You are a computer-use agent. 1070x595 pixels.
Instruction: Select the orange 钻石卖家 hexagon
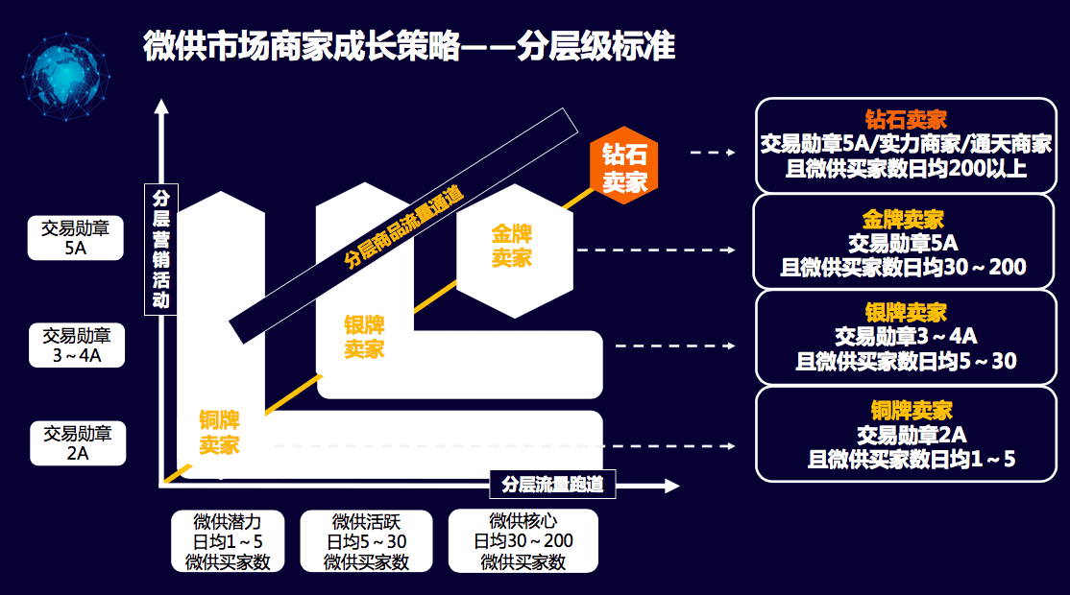[624, 169]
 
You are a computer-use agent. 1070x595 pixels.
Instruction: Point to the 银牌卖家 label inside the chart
[364, 337]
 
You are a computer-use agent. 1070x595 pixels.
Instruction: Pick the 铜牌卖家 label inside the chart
[219, 432]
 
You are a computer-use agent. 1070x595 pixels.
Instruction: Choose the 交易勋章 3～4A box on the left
[77, 345]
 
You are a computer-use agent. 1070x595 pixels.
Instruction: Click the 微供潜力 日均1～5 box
[228, 541]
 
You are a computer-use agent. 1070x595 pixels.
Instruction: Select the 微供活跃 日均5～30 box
[367, 541]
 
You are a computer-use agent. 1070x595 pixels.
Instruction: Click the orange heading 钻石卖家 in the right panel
[905, 121]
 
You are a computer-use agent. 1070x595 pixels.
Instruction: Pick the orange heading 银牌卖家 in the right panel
[905, 313]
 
